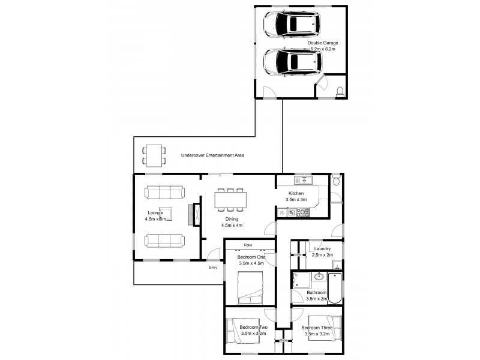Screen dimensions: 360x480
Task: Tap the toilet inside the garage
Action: tap(340, 92)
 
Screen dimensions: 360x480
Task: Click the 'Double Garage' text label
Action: tap(323, 43)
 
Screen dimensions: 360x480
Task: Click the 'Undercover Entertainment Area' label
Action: tap(212, 155)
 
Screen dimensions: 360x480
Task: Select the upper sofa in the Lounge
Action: tap(164, 192)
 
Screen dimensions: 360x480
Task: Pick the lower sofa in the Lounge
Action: tap(164, 241)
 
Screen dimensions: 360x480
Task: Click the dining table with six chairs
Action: tap(230, 200)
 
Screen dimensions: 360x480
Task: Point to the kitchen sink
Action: tap(301, 180)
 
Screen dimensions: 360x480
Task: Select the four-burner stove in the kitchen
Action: tap(302, 212)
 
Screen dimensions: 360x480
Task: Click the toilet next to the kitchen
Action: tap(336, 180)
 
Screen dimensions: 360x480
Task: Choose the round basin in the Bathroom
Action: tap(318, 277)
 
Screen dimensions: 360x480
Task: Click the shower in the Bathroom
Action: tap(301, 280)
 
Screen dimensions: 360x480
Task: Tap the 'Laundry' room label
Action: tap(325, 248)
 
